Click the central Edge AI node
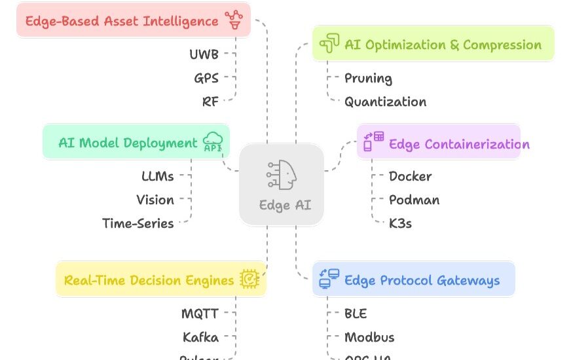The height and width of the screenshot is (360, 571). tap(282, 185)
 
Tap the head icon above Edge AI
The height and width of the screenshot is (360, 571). tap(282, 174)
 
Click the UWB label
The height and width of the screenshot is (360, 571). tap(204, 54)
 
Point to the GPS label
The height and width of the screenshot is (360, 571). tap(206, 78)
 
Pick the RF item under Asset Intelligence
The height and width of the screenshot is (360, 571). tap(210, 101)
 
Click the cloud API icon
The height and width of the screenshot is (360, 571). tap(213, 142)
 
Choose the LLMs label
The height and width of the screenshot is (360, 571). tap(158, 176)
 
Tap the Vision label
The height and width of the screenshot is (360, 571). tap(155, 200)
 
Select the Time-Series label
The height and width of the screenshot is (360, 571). tap(138, 223)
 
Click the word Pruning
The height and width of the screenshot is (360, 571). tap(368, 78)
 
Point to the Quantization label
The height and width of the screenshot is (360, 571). tap(385, 101)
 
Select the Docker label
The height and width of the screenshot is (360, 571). tap(410, 176)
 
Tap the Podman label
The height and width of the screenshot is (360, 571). tap(414, 200)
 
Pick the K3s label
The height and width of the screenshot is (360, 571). tap(400, 223)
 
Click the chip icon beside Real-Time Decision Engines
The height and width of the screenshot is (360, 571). tap(249, 279)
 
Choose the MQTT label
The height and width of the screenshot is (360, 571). tap(200, 314)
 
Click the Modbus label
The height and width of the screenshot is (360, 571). tap(369, 337)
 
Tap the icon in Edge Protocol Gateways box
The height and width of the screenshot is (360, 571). tap(329, 279)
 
